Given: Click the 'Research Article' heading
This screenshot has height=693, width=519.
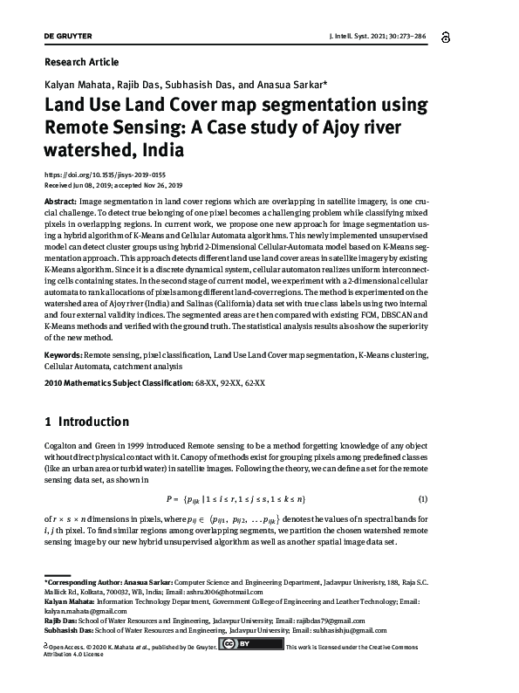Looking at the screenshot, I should (81, 62).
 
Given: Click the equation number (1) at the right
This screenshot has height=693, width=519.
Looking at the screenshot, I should (422, 498).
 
